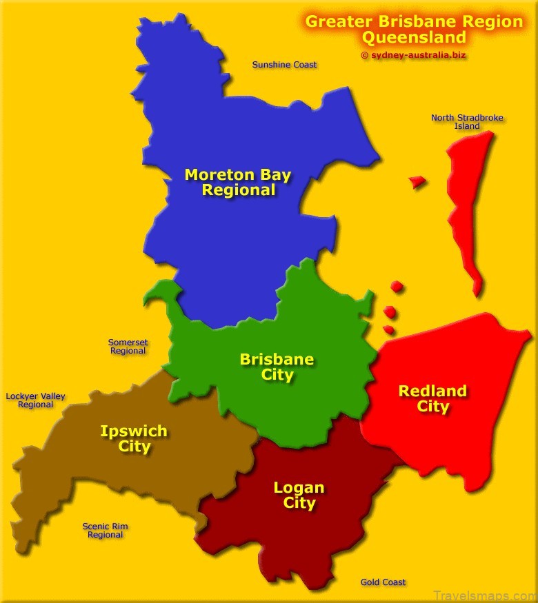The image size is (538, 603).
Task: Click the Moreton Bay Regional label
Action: pos(238,182)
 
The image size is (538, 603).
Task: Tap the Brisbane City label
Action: pos(277,367)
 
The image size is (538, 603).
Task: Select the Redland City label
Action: pos(432,398)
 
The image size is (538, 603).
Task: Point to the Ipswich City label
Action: pos(134,439)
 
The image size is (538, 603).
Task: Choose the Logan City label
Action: pos(299,495)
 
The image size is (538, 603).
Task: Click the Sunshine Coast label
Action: pos(284,65)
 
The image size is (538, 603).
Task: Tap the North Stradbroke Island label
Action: pos(467,122)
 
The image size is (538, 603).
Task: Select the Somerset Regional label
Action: pos(128,347)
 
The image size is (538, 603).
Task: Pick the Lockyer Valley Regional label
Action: pos(35,400)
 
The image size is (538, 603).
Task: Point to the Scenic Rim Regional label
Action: pos(105,531)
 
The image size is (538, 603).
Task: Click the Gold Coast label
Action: pos(383,582)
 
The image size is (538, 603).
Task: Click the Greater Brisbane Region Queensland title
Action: pos(414,29)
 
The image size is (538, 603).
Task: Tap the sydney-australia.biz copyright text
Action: pos(415,55)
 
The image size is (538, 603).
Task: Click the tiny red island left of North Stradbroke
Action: pos(417,182)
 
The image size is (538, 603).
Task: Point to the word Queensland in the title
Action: pos(414,37)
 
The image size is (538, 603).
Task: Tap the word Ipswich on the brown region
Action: pos(134,431)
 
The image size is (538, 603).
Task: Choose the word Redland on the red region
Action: pos(432,391)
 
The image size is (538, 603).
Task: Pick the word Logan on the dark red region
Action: pos(299,487)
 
